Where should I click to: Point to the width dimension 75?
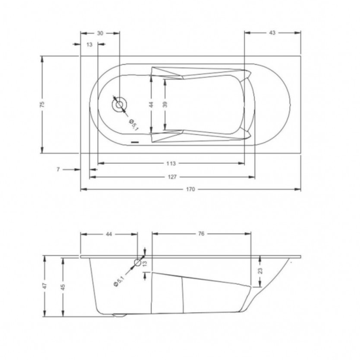click(41, 104)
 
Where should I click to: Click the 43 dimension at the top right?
click(272, 32)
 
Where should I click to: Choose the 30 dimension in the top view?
click(100, 32)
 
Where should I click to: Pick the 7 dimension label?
click(58, 170)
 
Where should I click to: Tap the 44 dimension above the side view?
click(109, 234)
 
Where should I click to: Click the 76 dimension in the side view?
click(202, 234)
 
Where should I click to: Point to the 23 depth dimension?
click(259, 270)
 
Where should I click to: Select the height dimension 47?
click(44, 286)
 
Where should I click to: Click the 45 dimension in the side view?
click(63, 286)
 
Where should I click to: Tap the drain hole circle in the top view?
click(120, 105)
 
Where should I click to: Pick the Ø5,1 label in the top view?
click(132, 122)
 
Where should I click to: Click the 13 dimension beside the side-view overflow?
click(145, 263)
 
